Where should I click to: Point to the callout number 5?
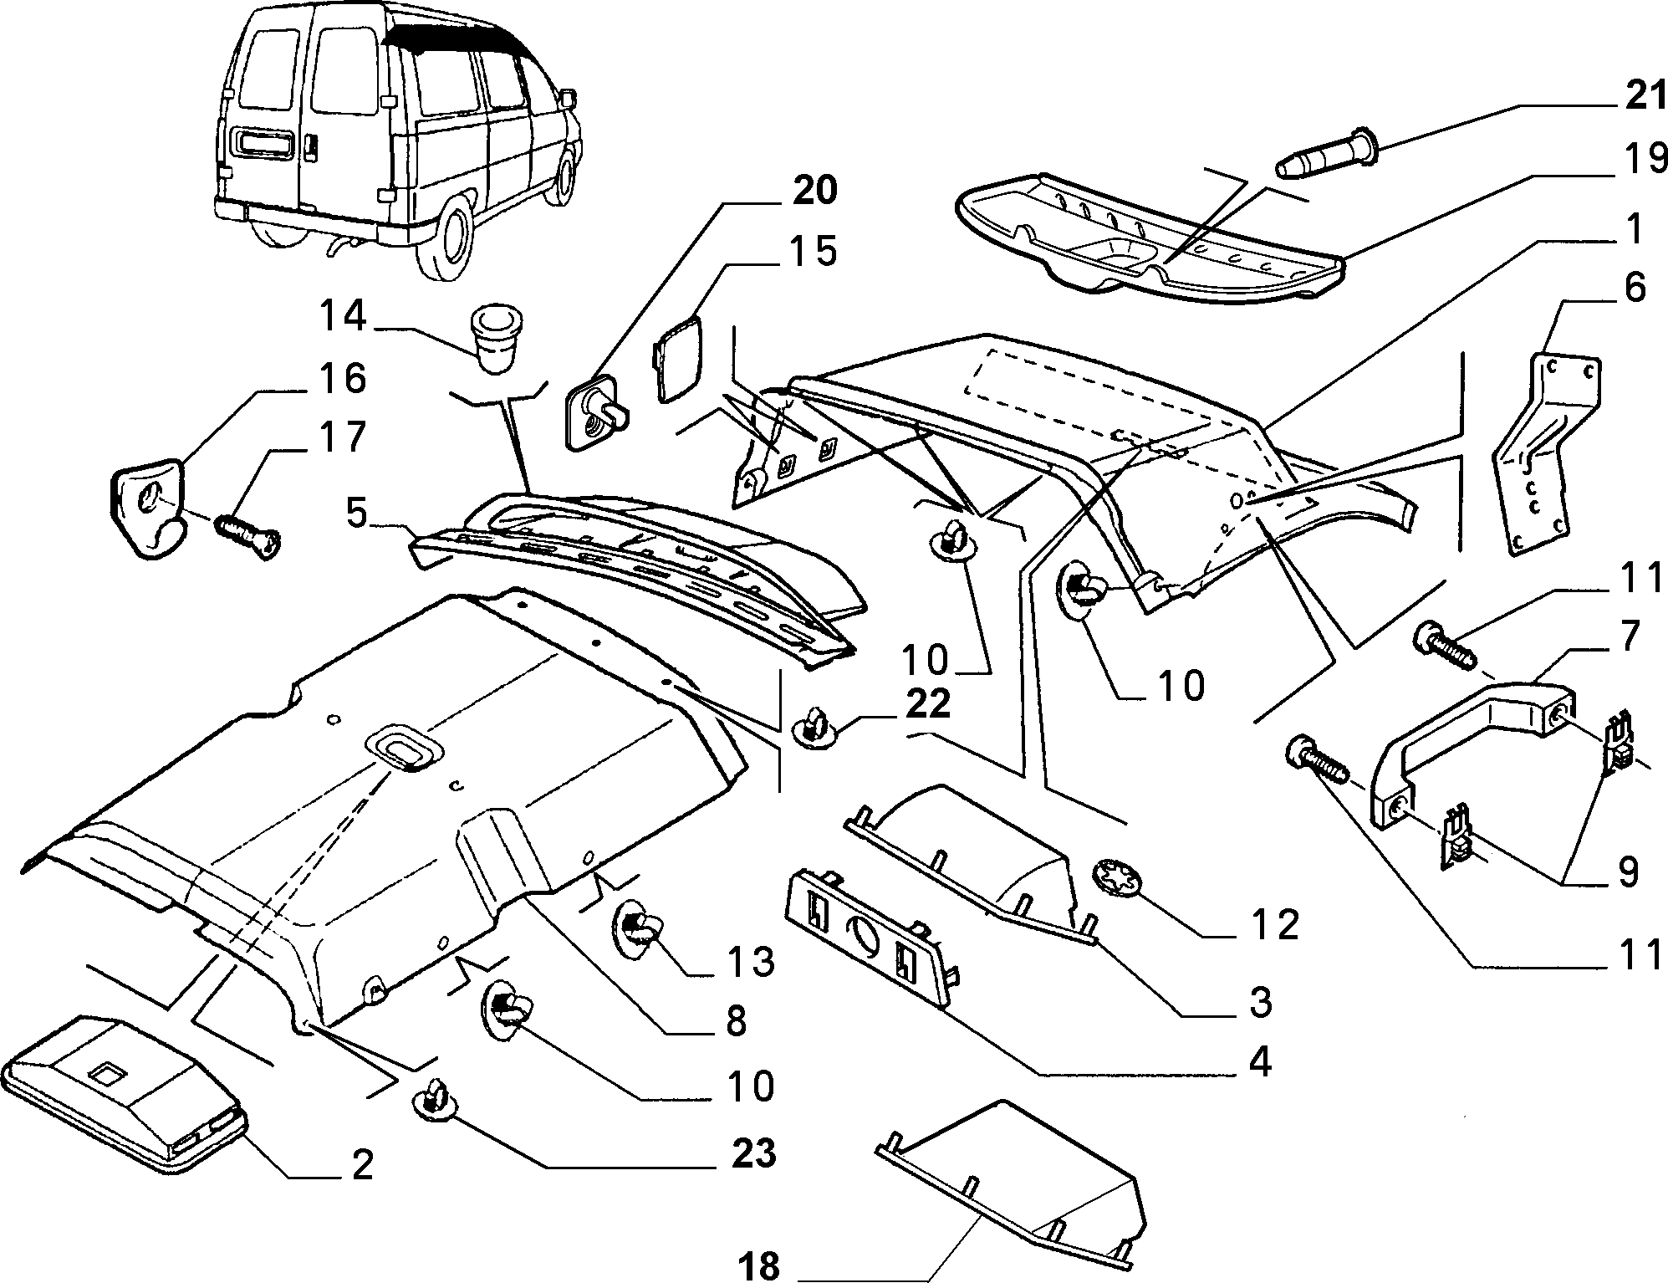point(356,513)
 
